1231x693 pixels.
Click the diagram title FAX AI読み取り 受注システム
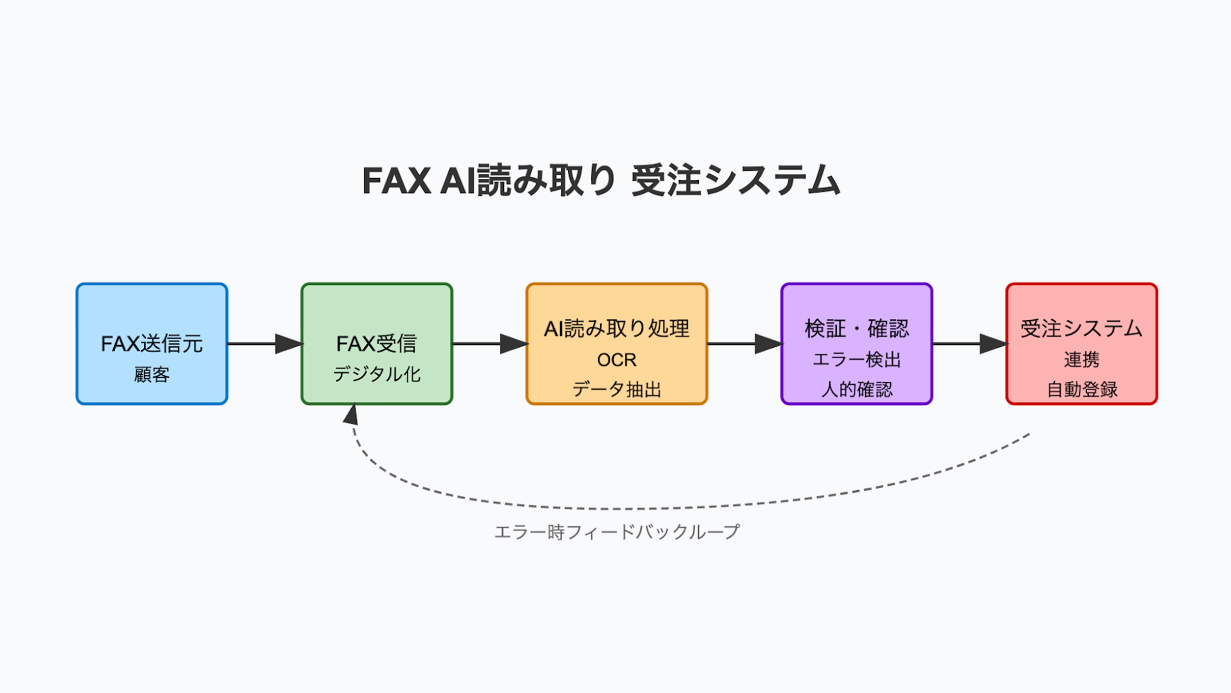(601, 181)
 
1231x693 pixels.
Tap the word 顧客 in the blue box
(152, 375)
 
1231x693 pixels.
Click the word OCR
(616, 360)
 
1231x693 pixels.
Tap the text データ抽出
(616, 390)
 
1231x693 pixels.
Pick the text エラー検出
(856, 360)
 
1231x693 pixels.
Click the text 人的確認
(856, 390)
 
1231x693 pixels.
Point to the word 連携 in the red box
(1081, 360)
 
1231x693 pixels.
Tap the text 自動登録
(1081, 390)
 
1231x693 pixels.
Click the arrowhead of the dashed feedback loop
(351, 415)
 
